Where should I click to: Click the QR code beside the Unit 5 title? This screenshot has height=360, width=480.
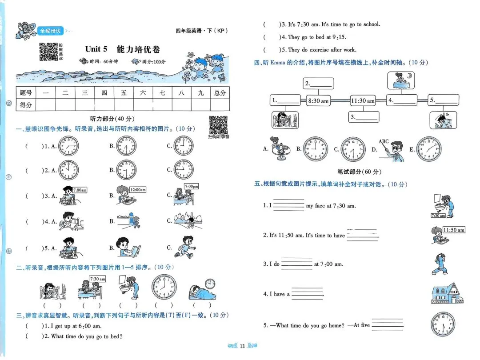pyautogui.click(x=48, y=52)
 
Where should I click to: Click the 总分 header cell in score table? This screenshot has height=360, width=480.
pyautogui.click(x=220, y=92)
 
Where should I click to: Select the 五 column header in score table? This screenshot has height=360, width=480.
pyautogui.click(x=124, y=92)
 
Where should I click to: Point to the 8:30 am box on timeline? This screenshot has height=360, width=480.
pyautogui.click(x=318, y=101)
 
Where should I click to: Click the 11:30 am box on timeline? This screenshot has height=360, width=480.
pyautogui.click(x=362, y=101)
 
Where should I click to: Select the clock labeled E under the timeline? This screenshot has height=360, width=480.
pyautogui.click(x=429, y=149)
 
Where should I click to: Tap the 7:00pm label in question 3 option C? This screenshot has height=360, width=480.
pyautogui.click(x=191, y=186)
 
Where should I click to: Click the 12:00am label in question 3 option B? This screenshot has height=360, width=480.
pyautogui.click(x=138, y=190)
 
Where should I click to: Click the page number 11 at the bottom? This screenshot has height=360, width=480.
pyautogui.click(x=242, y=346)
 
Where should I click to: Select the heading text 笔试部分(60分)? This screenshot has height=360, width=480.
pyautogui.click(x=360, y=171)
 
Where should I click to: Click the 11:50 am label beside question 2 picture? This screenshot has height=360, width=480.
pyautogui.click(x=453, y=230)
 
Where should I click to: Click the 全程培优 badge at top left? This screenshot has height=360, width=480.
pyautogui.click(x=50, y=31)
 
